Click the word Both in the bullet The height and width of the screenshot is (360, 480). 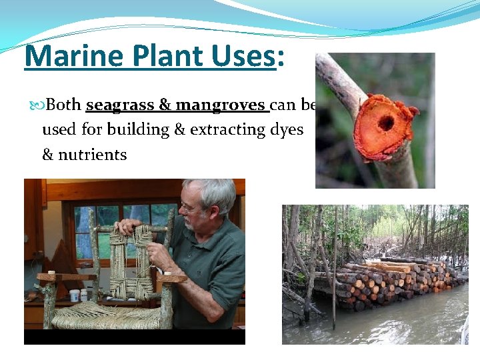[64, 105]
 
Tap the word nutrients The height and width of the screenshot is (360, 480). [91, 155]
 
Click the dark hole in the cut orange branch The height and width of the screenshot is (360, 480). [385, 123]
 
